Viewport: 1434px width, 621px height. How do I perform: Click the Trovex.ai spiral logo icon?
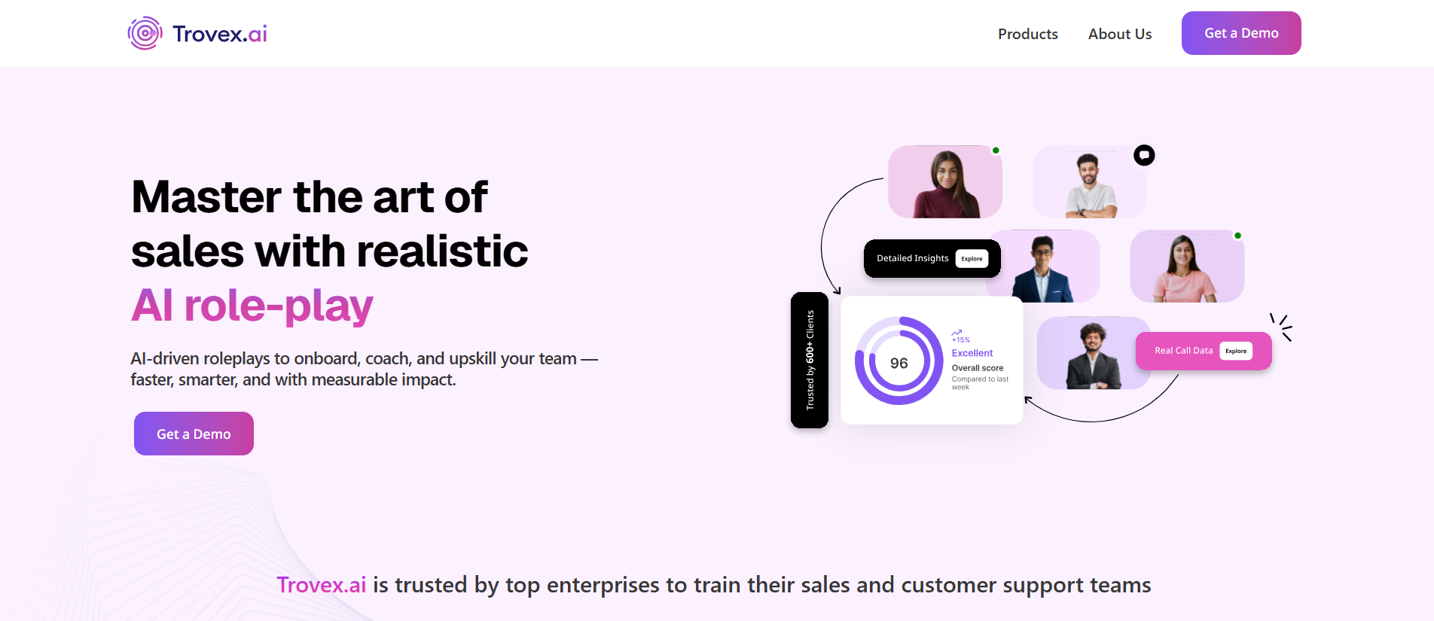[x=145, y=33]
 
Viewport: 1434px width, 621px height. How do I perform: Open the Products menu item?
[x=1027, y=34]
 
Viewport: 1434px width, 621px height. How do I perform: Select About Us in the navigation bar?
[x=1119, y=34]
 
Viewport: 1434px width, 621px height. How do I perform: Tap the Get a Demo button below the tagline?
[x=194, y=434]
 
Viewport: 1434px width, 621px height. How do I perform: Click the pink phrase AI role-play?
[x=252, y=305]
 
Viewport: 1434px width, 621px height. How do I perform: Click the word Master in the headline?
[x=207, y=196]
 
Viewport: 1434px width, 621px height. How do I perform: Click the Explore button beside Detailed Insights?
[x=972, y=259]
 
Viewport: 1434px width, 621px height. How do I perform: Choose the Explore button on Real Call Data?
[x=1236, y=351]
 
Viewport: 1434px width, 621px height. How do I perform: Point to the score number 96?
[x=899, y=363]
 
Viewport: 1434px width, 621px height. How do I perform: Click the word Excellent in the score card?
[x=972, y=353]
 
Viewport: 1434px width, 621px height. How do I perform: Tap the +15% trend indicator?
[x=960, y=336]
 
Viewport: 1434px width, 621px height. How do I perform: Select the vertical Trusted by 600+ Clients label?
[x=810, y=360]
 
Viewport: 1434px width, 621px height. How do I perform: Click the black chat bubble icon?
[x=1144, y=155]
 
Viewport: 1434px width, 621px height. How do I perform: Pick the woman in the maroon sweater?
[x=946, y=184]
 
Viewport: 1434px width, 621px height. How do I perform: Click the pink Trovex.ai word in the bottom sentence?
[x=322, y=585]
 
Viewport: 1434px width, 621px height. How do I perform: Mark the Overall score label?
[x=978, y=368]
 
